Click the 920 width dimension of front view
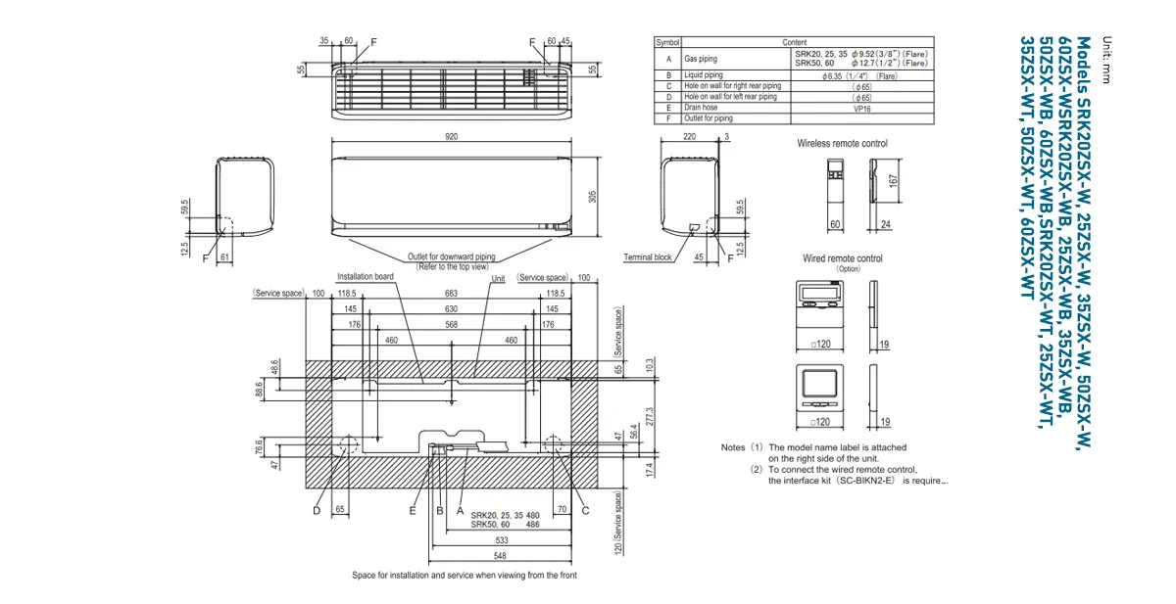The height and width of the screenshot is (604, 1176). (x=451, y=137)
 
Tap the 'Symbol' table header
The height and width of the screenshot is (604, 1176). (x=667, y=43)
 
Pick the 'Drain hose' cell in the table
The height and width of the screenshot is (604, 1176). (x=702, y=108)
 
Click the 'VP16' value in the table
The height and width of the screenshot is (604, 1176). (x=862, y=108)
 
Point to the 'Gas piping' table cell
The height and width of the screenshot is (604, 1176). (x=701, y=59)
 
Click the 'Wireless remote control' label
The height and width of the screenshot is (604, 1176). (x=842, y=144)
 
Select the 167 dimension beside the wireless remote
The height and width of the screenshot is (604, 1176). (x=893, y=183)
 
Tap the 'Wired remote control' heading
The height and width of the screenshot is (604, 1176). (x=842, y=258)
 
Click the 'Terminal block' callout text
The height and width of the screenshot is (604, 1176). (x=648, y=257)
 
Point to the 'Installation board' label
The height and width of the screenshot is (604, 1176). (x=366, y=277)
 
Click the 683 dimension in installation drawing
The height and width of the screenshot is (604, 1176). (x=451, y=293)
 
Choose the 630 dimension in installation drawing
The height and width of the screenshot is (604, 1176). (x=451, y=308)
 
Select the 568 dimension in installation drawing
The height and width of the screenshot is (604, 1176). (x=451, y=324)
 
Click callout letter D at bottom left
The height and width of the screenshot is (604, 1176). (x=317, y=510)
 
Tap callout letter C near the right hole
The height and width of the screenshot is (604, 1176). (x=585, y=510)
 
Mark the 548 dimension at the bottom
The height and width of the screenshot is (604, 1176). (x=501, y=555)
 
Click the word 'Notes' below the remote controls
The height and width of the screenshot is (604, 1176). (x=733, y=447)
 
